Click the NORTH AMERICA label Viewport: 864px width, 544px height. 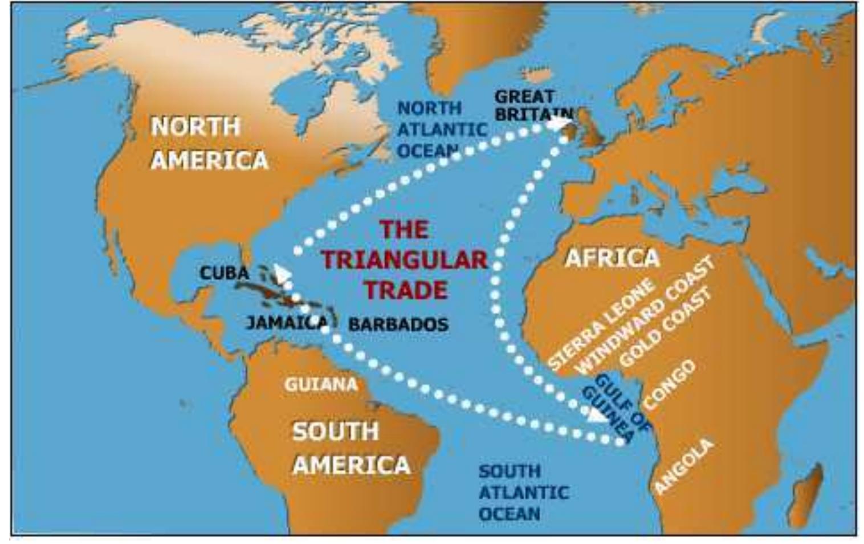click(x=209, y=143)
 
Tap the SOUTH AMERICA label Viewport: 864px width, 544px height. click(x=350, y=448)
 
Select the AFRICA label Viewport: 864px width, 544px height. click(x=612, y=258)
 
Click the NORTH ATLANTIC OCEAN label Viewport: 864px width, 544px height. click(x=441, y=129)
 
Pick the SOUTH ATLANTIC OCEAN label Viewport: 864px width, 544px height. click(x=522, y=492)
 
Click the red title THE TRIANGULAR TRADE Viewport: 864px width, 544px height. click(x=404, y=260)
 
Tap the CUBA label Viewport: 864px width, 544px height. click(x=224, y=273)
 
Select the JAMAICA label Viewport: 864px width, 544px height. click(x=287, y=323)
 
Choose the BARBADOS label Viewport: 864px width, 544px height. click(x=398, y=324)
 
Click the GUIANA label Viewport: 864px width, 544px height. click(x=320, y=385)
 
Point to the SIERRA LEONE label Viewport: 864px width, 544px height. click(x=601, y=326)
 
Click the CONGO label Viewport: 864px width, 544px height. click(x=670, y=384)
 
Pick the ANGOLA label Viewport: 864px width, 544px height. click(x=683, y=466)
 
